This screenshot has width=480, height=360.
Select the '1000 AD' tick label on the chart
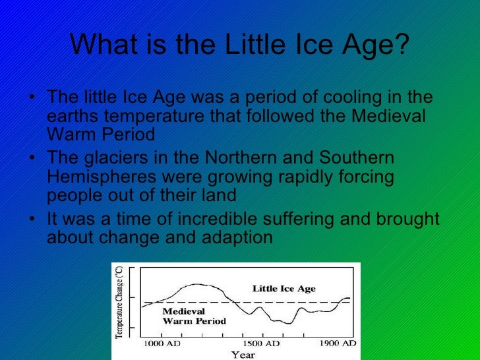(162, 344)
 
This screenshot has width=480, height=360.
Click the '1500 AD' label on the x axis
(261, 344)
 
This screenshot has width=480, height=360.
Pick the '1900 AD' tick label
(338, 344)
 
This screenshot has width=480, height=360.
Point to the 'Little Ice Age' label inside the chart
(284, 289)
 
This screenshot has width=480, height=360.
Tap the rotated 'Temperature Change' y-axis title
(119, 303)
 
